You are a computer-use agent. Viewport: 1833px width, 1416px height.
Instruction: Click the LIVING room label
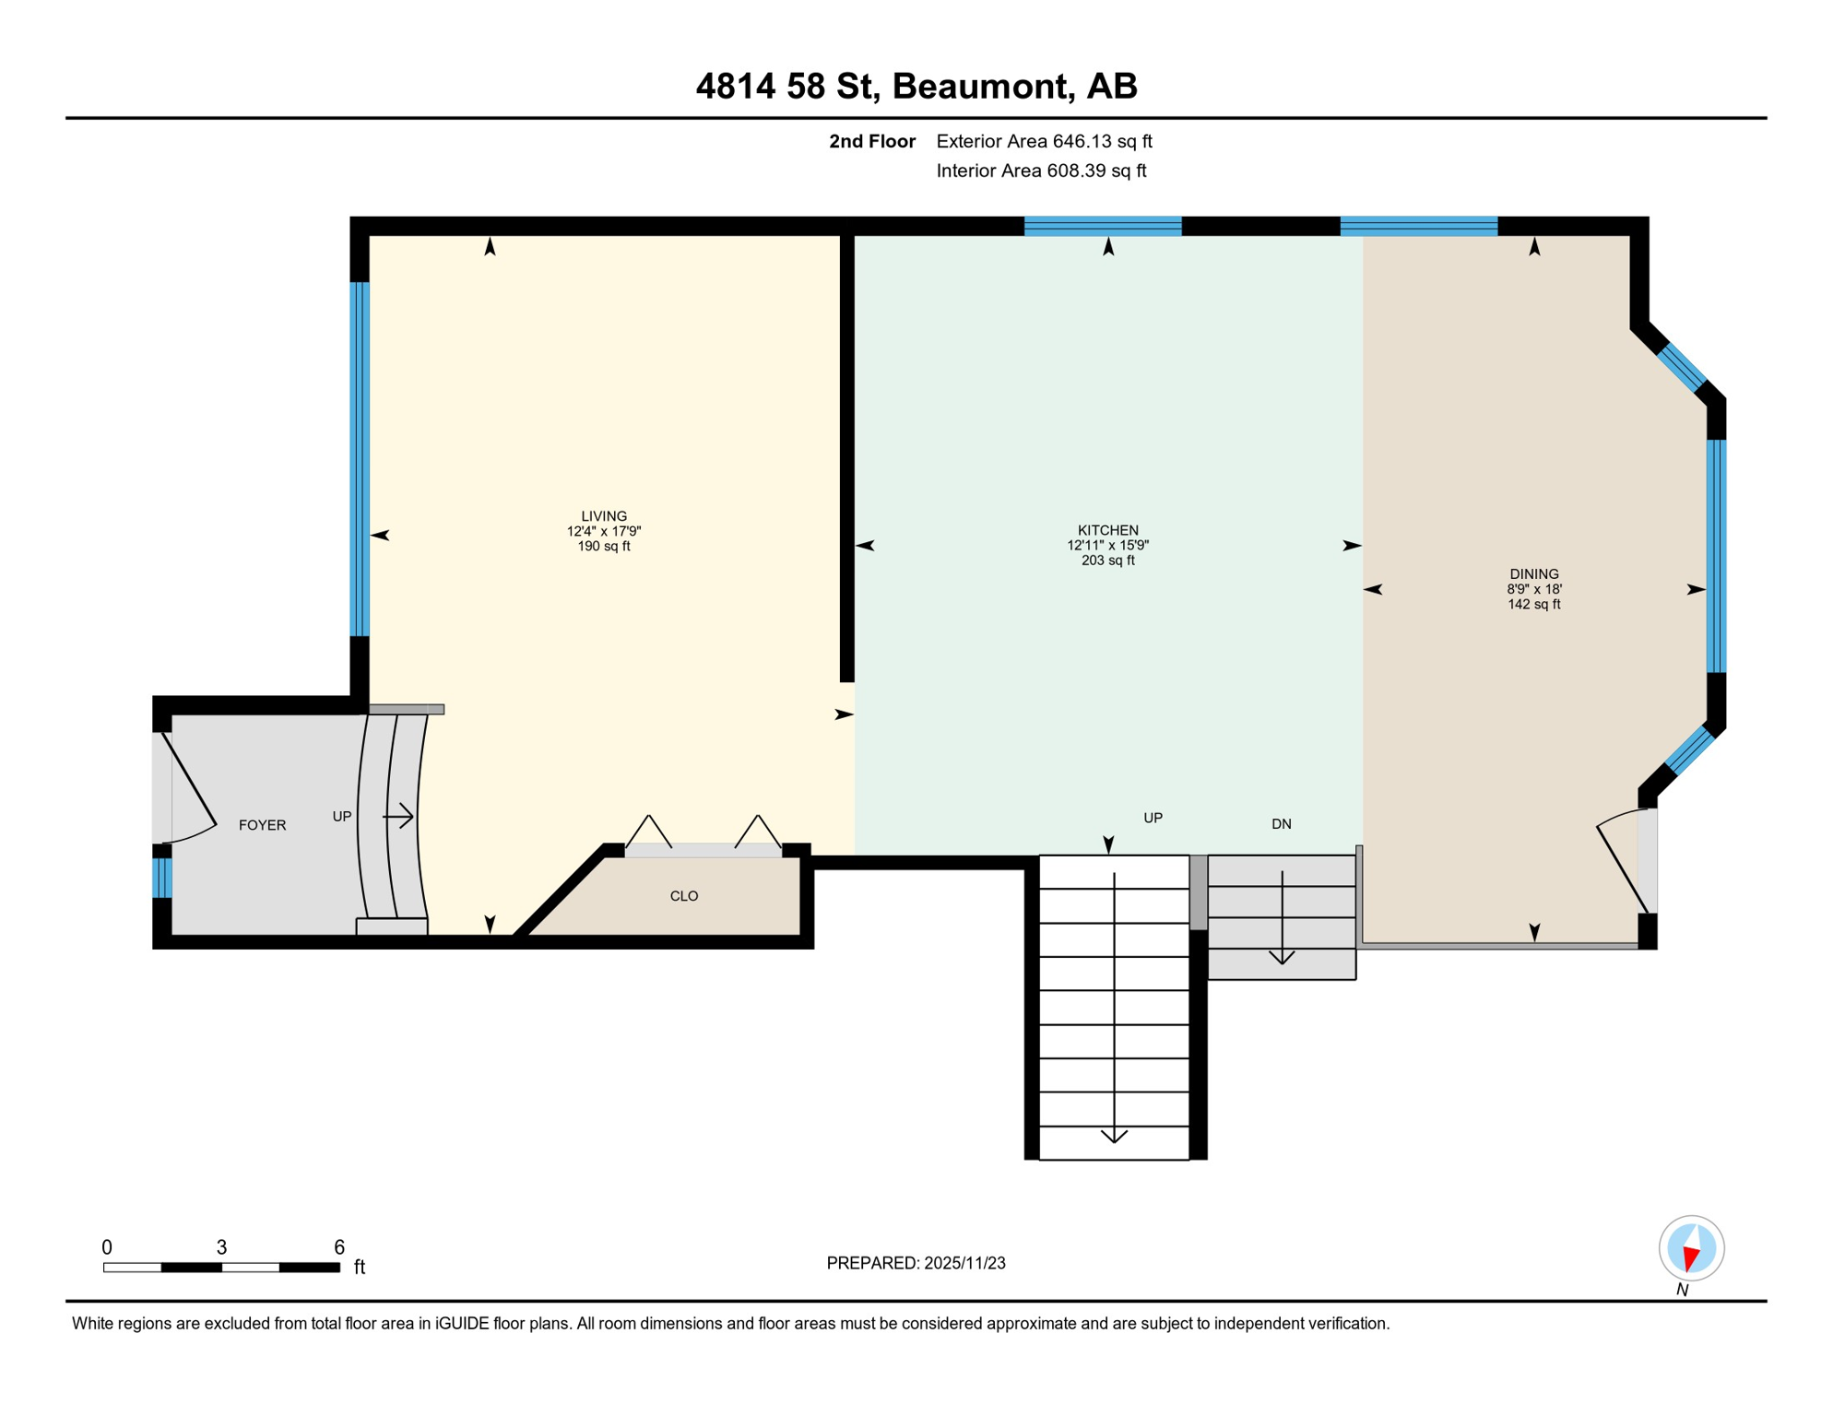pyautogui.click(x=603, y=516)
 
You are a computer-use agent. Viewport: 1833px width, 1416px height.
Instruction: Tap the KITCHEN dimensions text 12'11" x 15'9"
pyautogui.click(x=1107, y=545)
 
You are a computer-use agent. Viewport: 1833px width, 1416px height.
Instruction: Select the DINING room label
pyautogui.click(x=1533, y=573)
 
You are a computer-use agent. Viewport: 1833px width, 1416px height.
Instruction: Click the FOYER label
pyautogui.click(x=262, y=825)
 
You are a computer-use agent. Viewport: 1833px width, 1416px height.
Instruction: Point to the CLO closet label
pyautogui.click(x=683, y=896)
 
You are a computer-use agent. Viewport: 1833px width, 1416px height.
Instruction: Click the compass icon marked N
pyautogui.click(x=1691, y=1248)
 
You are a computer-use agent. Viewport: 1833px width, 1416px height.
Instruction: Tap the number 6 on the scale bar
pyautogui.click(x=339, y=1247)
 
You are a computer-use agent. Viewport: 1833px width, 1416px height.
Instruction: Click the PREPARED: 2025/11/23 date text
pyautogui.click(x=916, y=1263)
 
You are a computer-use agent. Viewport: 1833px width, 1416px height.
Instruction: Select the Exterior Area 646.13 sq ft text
pyautogui.click(x=1044, y=141)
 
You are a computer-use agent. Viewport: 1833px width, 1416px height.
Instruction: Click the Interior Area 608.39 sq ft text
pyautogui.click(x=1041, y=171)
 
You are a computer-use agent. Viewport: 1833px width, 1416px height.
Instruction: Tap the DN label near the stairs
pyautogui.click(x=1281, y=824)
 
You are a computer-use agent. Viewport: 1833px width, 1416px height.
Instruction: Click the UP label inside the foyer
pyautogui.click(x=342, y=817)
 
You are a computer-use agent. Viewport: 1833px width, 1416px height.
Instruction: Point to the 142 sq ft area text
pyautogui.click(x=1533, y=605)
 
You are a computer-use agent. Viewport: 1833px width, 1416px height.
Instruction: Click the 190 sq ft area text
pyautogui.click(x=603, y=547)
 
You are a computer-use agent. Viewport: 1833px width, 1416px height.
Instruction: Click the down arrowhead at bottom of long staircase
pyautogui.click(x=1114, y=1136)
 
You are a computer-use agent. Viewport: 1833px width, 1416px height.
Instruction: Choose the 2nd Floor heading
pyautogui.click(x=871, y=141)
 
